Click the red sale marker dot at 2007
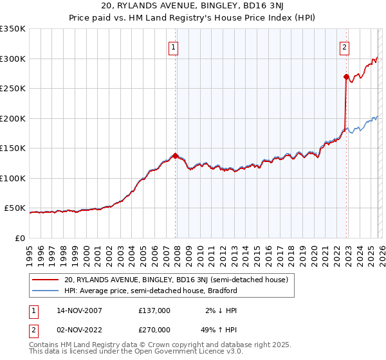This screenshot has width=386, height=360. tap(175, 155)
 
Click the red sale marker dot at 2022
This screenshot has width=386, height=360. tap(346, 76)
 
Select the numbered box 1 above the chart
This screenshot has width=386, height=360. tap(174, 46)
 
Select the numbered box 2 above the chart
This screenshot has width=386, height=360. tap(345, 46)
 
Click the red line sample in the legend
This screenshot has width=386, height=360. tap(45, 280)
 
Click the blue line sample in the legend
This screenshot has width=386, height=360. tap(45, 291)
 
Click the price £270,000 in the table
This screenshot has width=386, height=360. tap(154, 329)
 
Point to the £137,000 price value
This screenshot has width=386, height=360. tap(154, 310)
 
